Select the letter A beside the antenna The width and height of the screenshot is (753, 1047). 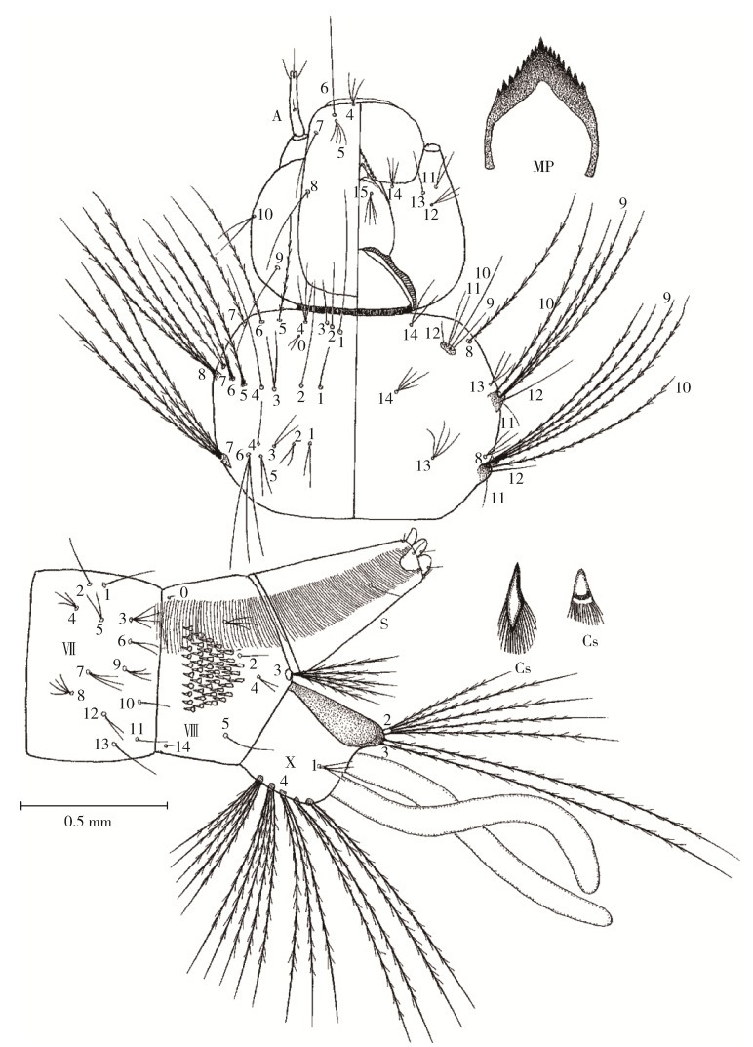coord(277,115)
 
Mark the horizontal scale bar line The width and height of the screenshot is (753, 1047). coord(94,805)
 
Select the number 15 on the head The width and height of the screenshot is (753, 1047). coord(362,191)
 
